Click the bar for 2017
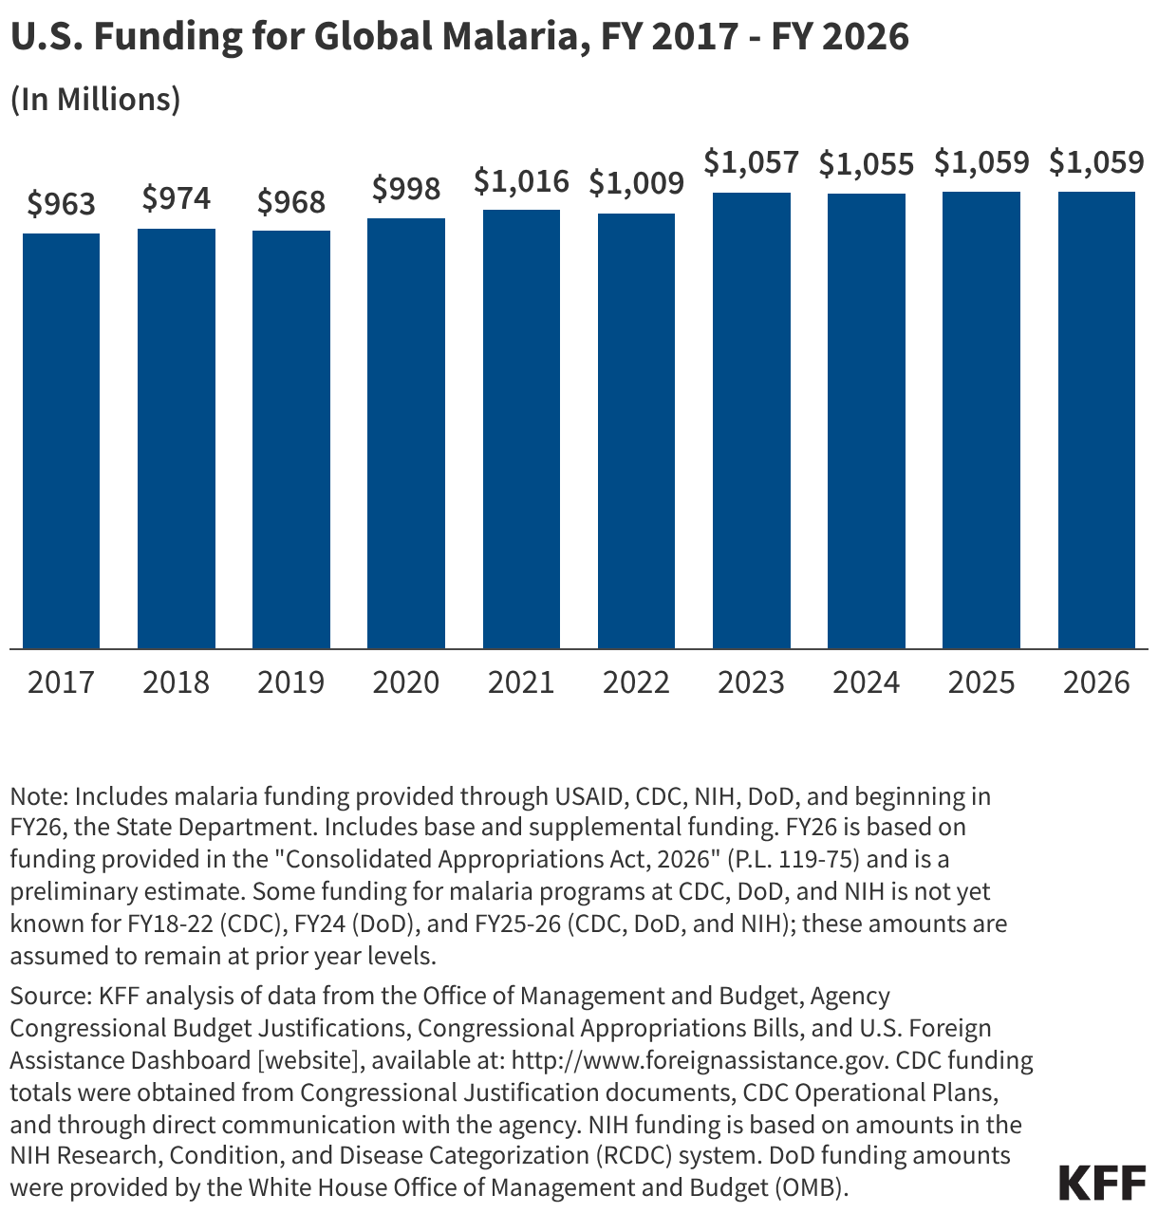tap(62, 441)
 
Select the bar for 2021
tap(521, 429)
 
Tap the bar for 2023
tap(752, 420)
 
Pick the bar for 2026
tap(1096, 420)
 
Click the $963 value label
tap(62, 204)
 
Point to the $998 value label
tap(406, 189)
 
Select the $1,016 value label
tap(521, 180)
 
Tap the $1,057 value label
tap(752, 163)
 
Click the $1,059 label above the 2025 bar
tap(981, 163)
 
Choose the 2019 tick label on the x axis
tap(291, 682)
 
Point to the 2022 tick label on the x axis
tap(636, 682)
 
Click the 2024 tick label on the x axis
tap(866, 682)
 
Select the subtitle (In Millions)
tap(95, 100)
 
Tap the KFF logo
tap(1101, 1183)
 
